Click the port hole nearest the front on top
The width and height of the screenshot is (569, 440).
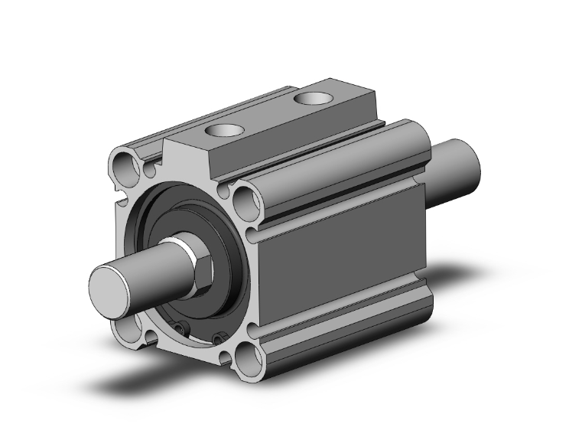(x=225, y=131)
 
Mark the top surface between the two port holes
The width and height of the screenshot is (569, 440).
(x=268, y=115)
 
